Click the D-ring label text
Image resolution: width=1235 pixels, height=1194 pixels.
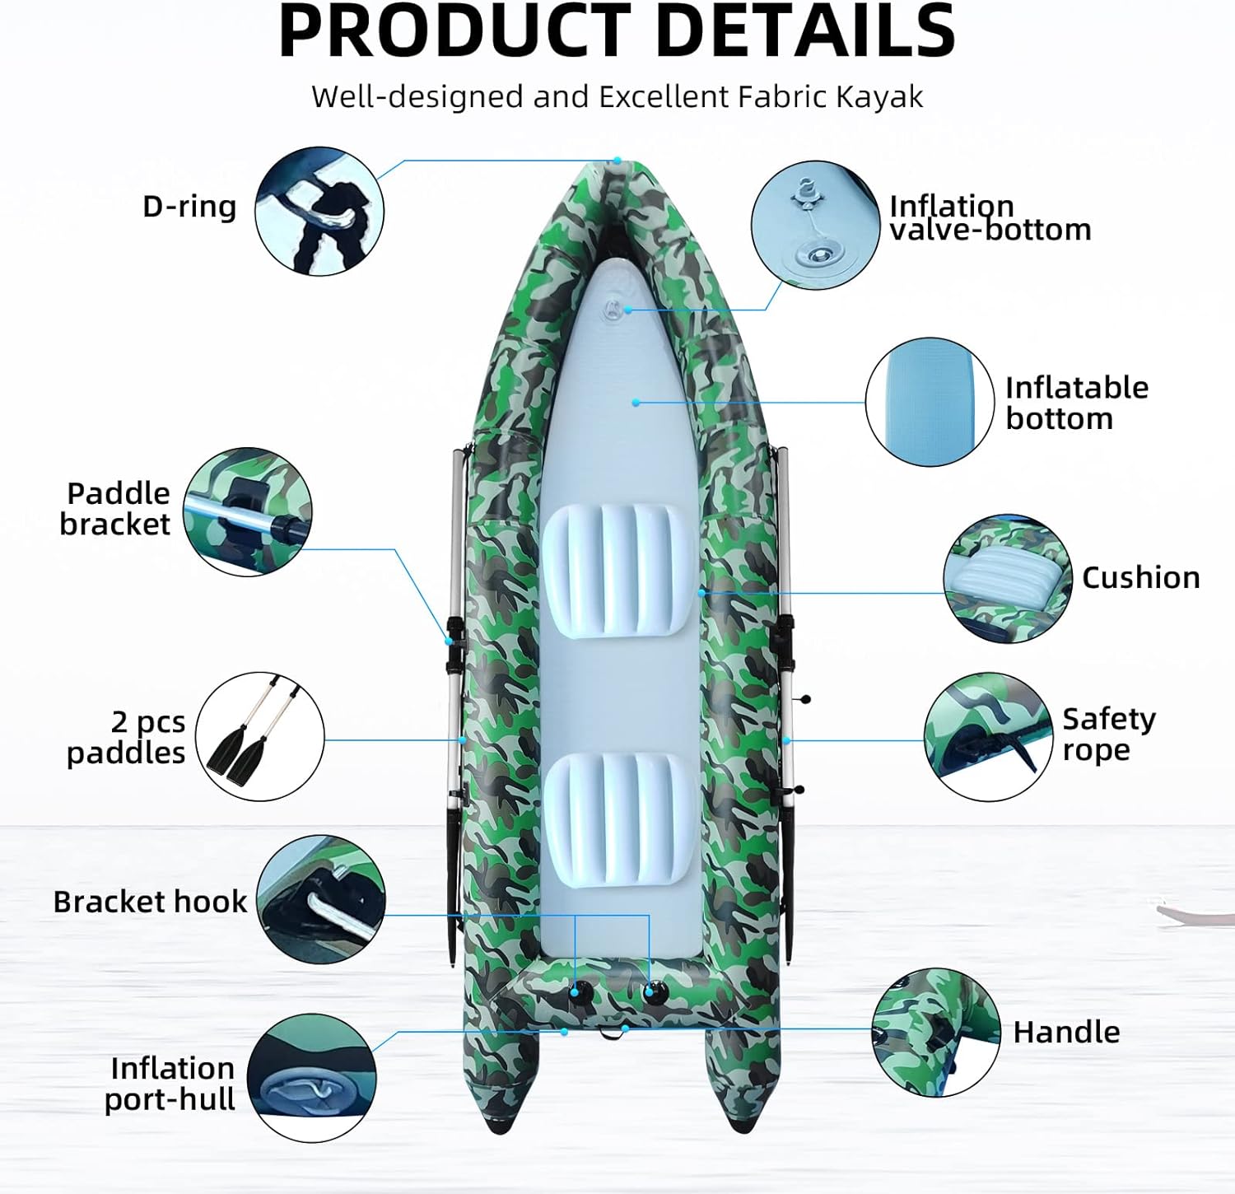pyautogui.click(x=189, y=206)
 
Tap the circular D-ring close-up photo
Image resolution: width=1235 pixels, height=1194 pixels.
pyautogui.click(x=319, y=211)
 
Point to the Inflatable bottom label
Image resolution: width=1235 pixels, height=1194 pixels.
pyautogui.click(x=1076, y=403)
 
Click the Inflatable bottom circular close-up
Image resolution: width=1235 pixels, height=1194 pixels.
pyautogui.click(x=930, y=402)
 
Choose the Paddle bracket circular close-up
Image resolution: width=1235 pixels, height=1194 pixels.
pyautogui.click(x=247, y=511)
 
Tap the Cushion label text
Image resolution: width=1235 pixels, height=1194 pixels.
pyautogui.click(x=1140, y=577)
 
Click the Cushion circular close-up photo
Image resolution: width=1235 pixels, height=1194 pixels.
pyautogui.click(x=1008, y=579)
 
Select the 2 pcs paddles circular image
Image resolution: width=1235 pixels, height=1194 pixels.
pyautogui.click(x=259, y=736)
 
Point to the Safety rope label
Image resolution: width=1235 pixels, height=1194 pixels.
pyautogui.click(x=1108, y=734)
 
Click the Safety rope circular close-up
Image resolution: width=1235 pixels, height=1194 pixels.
pyautogui.click(x=988, y=737)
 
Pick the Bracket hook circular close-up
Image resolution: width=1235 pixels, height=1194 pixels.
pyautogui.click(x=321, y=899)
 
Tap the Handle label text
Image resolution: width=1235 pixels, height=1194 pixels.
pyautogui.click(x=1066, y=1032)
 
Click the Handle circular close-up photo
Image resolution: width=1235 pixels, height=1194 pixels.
pyautogui.click(x=936, y=1033)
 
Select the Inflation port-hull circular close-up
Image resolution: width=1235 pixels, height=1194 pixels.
pyautogui.click(x=311, y=1078)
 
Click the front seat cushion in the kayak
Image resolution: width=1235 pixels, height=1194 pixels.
pyautogui.click(x=615, y=571)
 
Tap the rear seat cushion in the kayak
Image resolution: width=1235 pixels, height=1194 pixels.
pyautogui.click(x=617, y=818)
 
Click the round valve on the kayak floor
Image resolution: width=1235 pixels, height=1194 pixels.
pyautogui.click(x=611, y=310)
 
